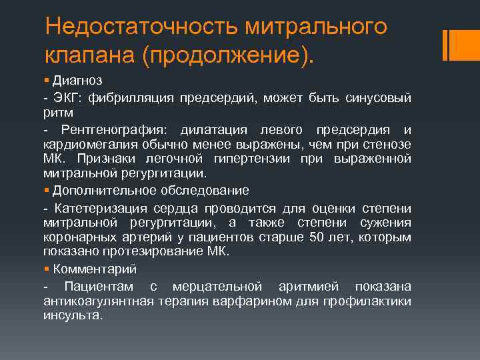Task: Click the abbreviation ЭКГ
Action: click(65, 99)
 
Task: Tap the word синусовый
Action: click(379, 99)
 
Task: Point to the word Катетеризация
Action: click(97, 208)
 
